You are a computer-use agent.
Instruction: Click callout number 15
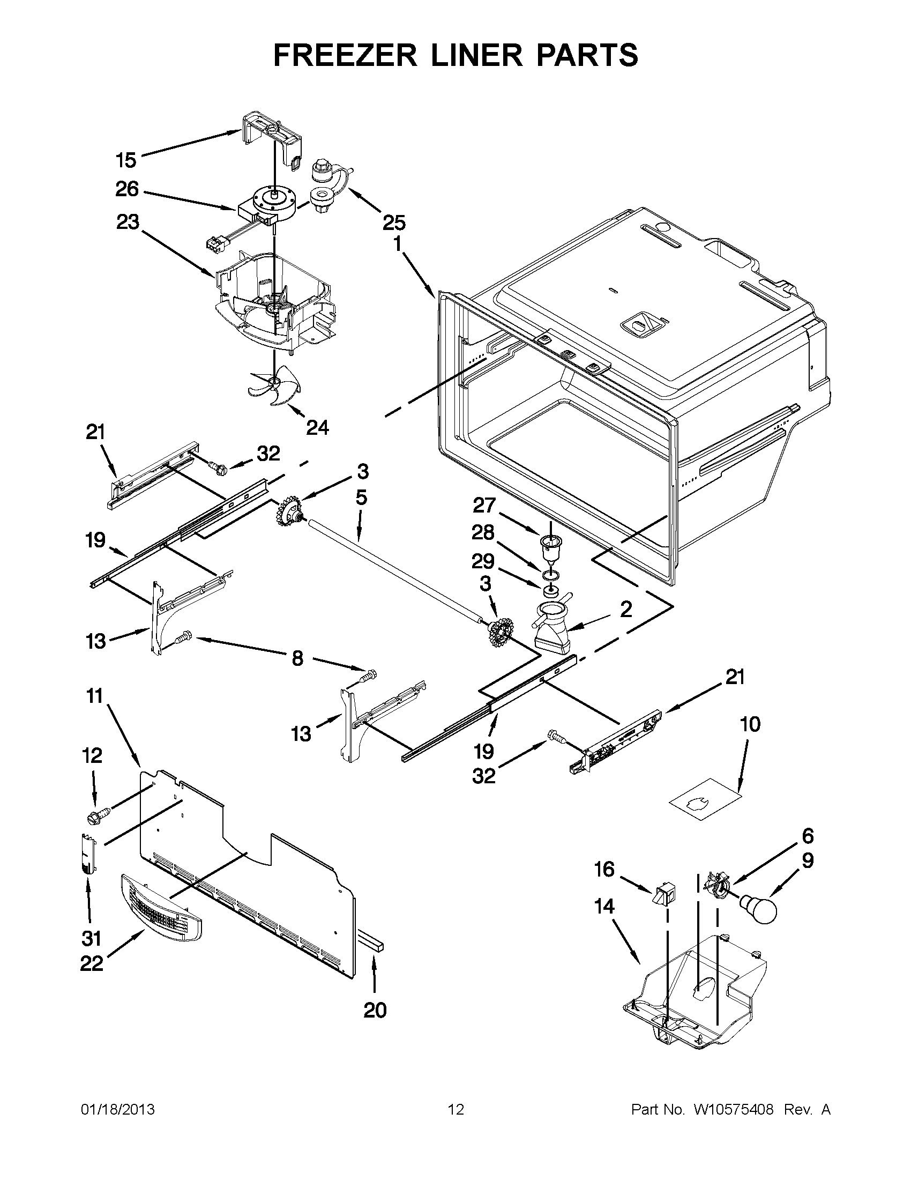(x=126, y=160)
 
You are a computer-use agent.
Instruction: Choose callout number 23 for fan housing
(x=128, y=222)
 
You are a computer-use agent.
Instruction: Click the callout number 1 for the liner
(x=397, y=244)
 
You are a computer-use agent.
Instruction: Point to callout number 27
(x=484, y=505)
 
